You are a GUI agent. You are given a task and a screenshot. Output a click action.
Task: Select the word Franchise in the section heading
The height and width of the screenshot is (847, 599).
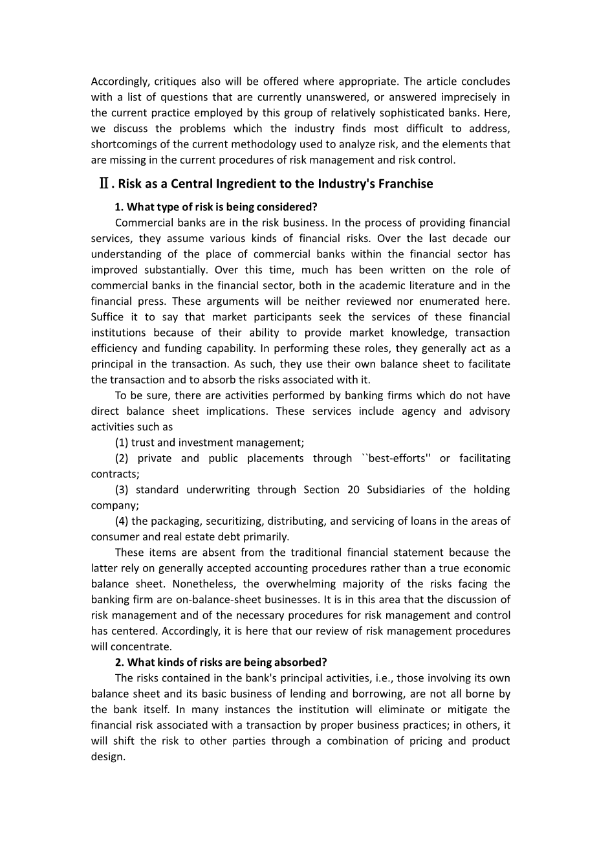pyautogui.click(x=405, y=184)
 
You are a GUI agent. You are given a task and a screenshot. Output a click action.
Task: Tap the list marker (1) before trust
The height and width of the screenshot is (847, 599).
pyautogui.click(x=122, y=443)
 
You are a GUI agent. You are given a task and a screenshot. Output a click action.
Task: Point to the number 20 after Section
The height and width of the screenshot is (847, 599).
pyautogui.click(x=353, y=490)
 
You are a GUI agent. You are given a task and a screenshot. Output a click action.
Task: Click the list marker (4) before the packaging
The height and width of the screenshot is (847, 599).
pyautogui.click(x=122, y=521)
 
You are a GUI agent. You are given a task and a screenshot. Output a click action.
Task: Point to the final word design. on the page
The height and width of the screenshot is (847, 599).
pyautogui.click(x=108, y=756)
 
